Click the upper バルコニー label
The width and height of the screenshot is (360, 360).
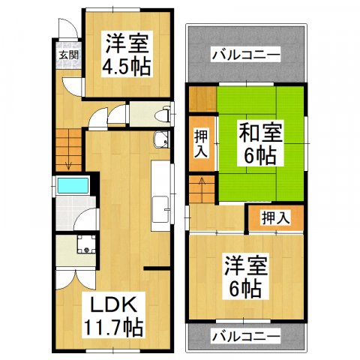click(x=245, y=54)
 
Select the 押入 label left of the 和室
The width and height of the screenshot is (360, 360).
click(x=201, y=142)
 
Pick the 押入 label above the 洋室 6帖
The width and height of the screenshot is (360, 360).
click(x=276, y=217)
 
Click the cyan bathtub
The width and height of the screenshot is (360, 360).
click(x=73, y=185)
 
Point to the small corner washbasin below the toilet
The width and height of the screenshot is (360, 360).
click(x=159, y=139)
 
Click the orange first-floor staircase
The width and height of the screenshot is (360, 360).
click(x=67, y=145)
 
